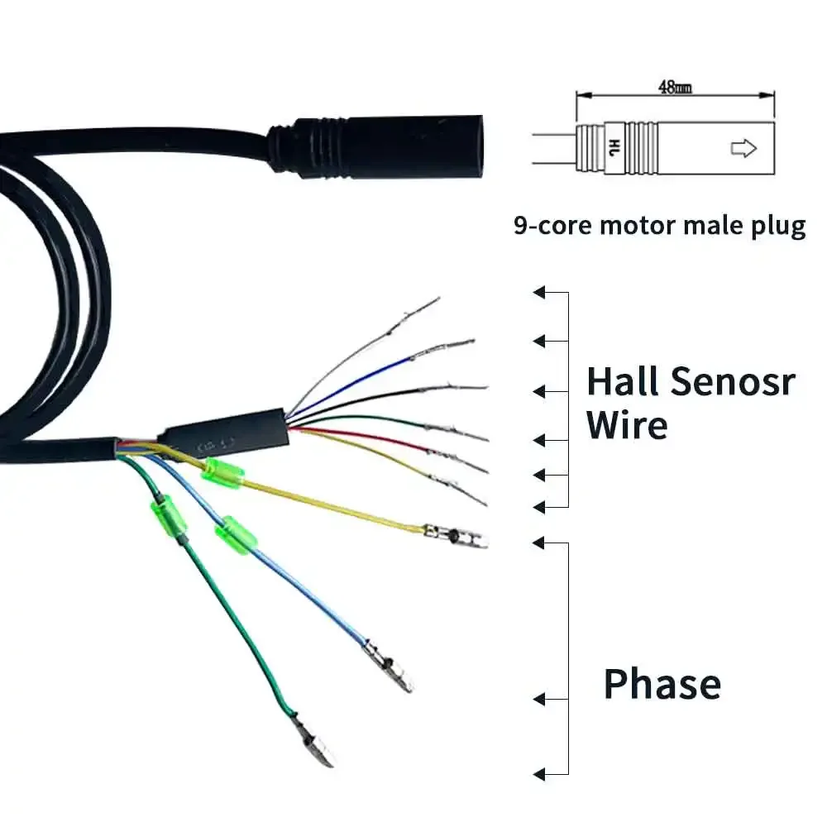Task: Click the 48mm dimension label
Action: point(675,87)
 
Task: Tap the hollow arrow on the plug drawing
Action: point(743,148)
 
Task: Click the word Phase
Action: point(662,685)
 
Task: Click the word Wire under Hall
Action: point(626,425)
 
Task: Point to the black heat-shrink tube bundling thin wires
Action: point(223,432)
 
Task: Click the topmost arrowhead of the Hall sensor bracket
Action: point(539,292)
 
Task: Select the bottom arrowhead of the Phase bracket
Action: point(539,775)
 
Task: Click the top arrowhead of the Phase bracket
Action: point(539,543)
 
